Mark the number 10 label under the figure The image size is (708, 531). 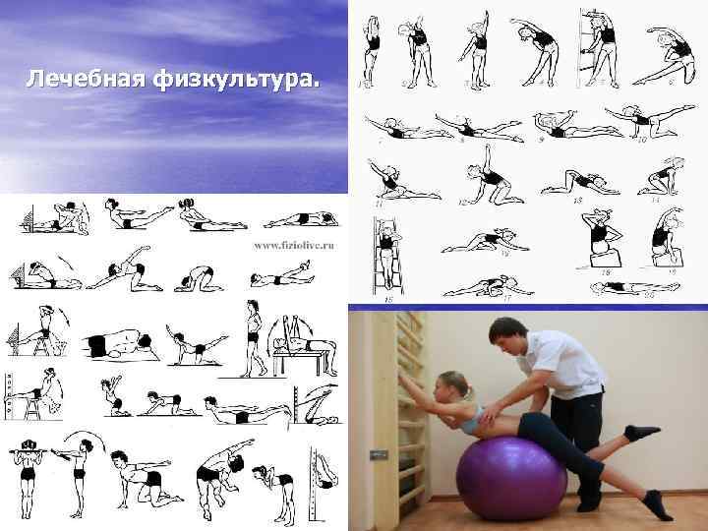pyautogui.click(x=642, y=140)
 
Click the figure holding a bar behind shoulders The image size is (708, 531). pyautogui.click(x=29, y=462)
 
